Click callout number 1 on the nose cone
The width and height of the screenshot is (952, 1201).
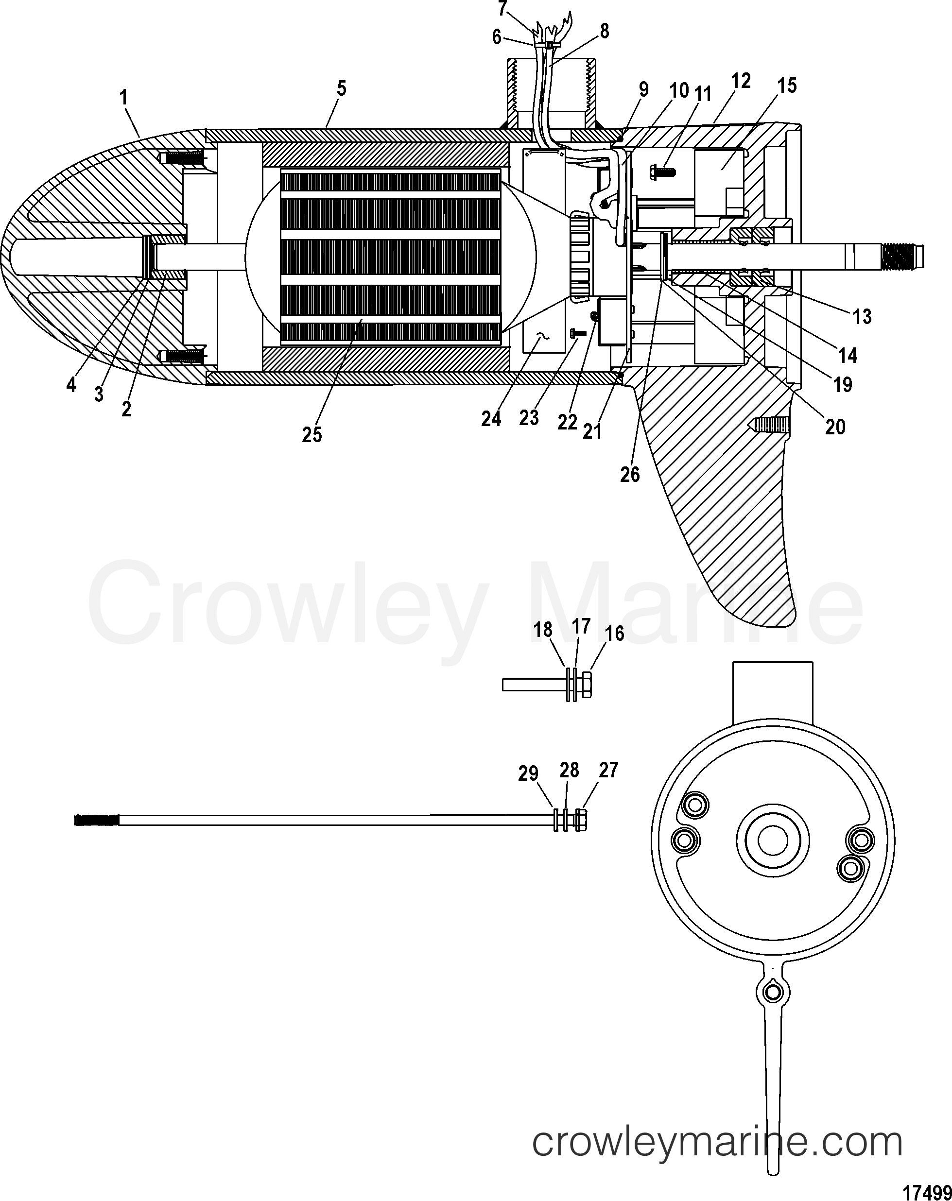click(123, 99)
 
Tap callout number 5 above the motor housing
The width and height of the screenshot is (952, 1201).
click(341, 88)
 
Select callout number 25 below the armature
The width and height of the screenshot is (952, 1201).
click(312, 434)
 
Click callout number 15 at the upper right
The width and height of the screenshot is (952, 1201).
click(787, 86)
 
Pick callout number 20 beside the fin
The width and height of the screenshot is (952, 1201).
click(835, 427)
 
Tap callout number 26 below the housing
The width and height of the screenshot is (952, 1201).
click(630, 475)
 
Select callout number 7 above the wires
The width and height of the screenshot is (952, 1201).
click(502, 9)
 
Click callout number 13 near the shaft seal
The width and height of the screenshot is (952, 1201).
click(862, 317)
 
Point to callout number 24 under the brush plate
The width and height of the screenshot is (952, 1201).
click(491, 419)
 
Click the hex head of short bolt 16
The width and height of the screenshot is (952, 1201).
click(586, 684)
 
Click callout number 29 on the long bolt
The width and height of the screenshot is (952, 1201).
click(528, 774)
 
